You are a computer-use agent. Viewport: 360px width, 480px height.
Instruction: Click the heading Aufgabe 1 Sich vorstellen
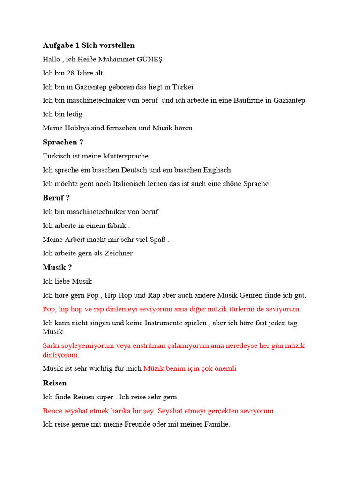89,45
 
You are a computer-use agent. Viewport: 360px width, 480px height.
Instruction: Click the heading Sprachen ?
63,142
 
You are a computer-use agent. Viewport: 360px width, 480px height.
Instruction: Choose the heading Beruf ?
56,198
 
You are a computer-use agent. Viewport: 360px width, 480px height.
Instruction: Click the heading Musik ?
57,267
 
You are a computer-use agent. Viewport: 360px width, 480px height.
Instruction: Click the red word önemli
225,368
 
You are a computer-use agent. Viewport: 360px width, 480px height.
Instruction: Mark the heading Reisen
55,383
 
